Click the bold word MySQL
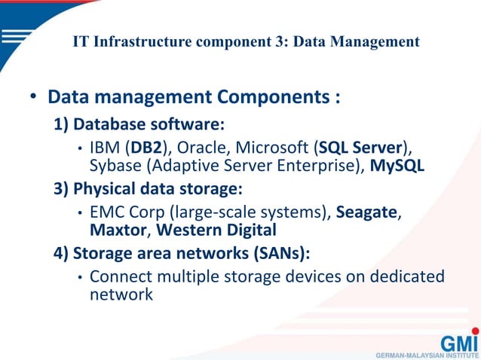(397, 165)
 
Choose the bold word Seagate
(366, 212)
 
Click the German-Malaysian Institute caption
(427, 354)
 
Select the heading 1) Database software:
(140, 123)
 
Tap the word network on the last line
(121, 294)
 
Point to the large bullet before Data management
(33, 98)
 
